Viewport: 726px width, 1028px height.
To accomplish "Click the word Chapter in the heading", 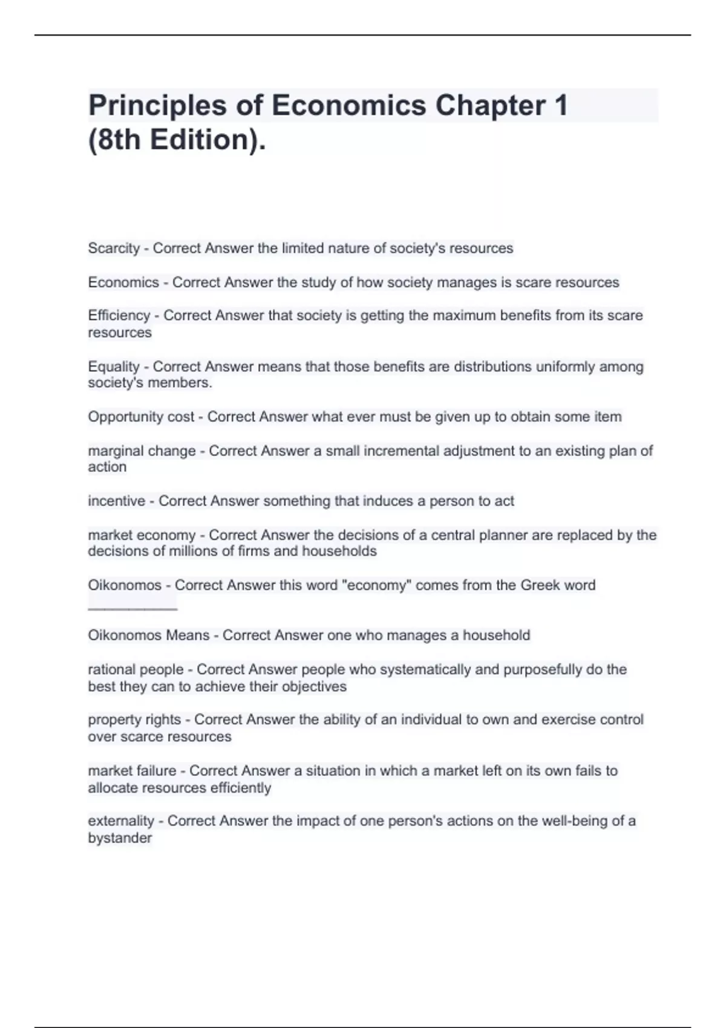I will [490, 106].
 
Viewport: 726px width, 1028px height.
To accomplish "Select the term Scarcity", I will [114, 249].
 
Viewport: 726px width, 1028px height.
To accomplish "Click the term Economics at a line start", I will [123, 282].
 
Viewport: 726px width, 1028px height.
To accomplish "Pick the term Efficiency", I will [119, 316].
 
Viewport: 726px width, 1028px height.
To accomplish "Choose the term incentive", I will [117, 501].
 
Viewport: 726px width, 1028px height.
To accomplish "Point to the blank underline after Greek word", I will [132, 608].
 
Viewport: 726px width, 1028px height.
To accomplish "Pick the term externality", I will [121, 821].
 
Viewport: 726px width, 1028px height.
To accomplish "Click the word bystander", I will [120, 838].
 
